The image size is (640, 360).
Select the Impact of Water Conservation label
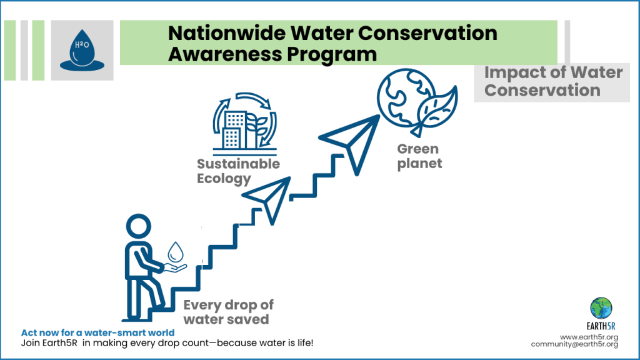[x=553, y=81]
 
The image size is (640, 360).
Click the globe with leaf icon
[x=417, y=102]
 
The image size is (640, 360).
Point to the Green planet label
[x=419, y=156]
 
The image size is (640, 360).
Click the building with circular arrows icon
[x=244, y=123]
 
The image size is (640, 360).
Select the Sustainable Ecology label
[x=238, y=171]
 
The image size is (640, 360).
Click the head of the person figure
[x=139, y=226]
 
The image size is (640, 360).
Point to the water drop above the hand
[x=176, y=252]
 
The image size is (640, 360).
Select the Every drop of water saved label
[x=228, y=312]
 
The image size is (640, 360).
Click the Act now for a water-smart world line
[x=98, y=332]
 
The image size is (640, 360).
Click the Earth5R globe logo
[x=601, y=308]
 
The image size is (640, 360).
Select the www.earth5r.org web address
[x=589, y=337]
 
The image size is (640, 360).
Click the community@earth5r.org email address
[x=575, y=344]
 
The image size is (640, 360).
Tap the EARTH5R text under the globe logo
[x=601, y=326]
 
